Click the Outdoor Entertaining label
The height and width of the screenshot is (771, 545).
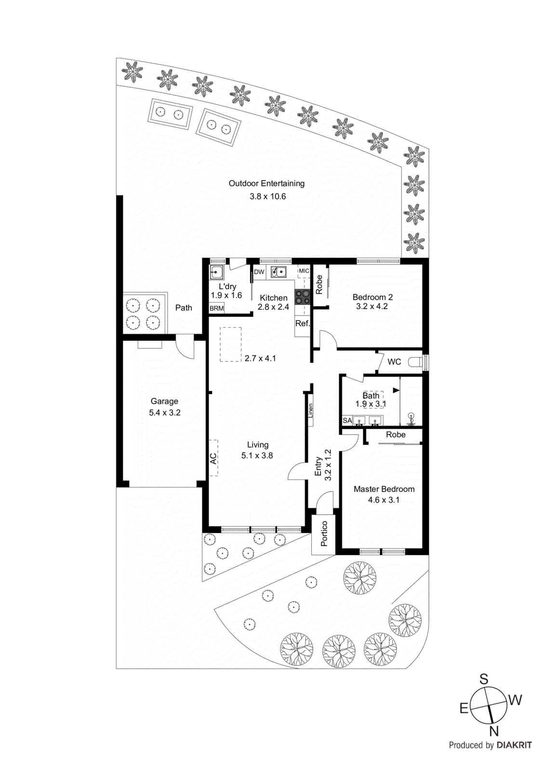[266, 184]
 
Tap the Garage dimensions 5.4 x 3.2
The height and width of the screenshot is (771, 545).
[164, 413]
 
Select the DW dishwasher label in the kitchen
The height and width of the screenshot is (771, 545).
[259, 272]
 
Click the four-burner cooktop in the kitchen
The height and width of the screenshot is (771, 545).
[303, 297]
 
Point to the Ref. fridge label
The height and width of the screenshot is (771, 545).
[302, 323]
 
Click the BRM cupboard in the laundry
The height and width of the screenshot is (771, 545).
[217, 308]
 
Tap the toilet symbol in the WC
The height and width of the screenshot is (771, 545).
[415, 362]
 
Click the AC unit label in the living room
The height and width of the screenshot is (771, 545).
[213, 458]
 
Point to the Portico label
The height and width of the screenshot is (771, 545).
[324, 533]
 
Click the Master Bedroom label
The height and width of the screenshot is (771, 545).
[384, 489]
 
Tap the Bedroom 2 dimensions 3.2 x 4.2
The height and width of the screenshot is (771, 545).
[372, 306]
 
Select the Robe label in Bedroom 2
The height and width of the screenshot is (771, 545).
[319, 284]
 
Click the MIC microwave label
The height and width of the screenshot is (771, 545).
[304, 271]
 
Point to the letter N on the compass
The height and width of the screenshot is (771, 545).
[494, 731]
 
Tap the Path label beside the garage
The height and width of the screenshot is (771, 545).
[184, 308]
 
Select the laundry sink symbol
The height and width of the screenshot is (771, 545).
[216, 272]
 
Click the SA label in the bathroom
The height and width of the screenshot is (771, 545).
[347, 421]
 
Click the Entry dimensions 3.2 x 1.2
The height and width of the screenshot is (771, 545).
[328, 465]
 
